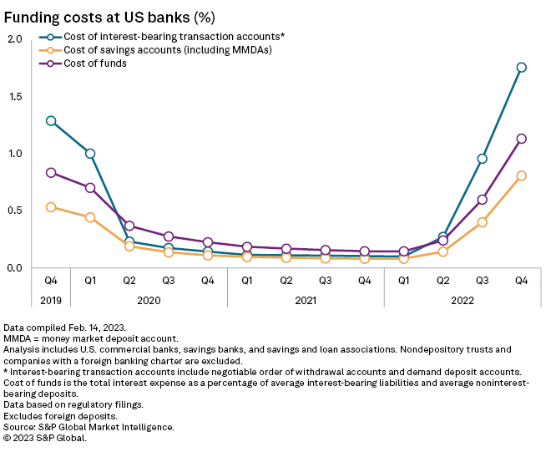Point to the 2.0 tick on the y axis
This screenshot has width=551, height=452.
pos(16,39)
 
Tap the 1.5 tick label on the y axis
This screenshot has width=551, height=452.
pos(16,96)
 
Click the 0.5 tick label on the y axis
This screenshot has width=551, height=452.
pos(16,211)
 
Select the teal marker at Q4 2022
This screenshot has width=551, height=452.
pos(521,68)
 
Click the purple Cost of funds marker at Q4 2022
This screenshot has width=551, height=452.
pos(521,139)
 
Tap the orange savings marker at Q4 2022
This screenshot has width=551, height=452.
pos(521,175)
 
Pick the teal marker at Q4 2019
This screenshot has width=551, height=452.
pos(51,120)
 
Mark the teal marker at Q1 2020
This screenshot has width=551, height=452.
pos(90,154)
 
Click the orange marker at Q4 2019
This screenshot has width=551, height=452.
pos(51,207)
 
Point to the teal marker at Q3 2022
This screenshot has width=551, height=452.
pos(482,159)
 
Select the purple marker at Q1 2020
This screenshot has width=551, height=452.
pos(90,188)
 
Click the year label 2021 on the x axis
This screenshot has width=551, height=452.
pos(306,298)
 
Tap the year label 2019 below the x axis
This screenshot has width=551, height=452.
pos(51,298)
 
